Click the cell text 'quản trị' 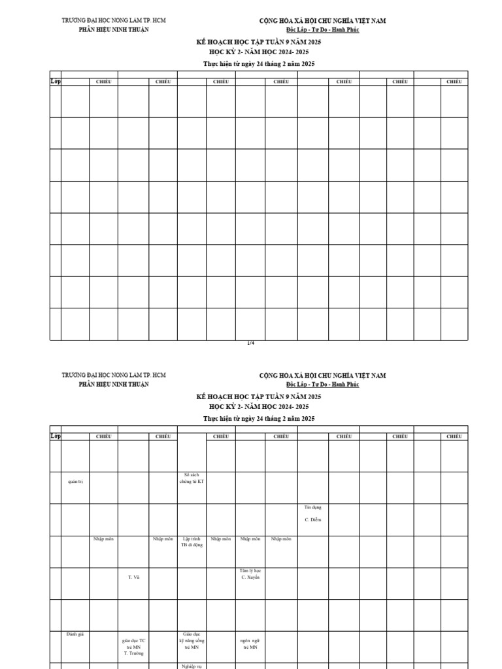pyautogui.click(x=75, y=481)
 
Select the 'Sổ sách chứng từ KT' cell pyautogui.click(x=192, y=478)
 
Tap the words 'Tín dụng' pyautogui.click(x=312, y=507)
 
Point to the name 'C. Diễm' pyautogui.click(x=312, y=520)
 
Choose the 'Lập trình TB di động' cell pyautogui.click(x=192, y=542)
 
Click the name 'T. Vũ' pyautogui.click(x=133, y=577)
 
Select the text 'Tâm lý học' pyautogui.click(x=251, y=571)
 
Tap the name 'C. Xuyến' pyautogui.click(x=251, y=578)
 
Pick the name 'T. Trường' pyautogui.click(x=133, y=653)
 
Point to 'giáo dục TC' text pyautogui.click(x=133, y=641)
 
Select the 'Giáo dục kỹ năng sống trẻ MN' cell pyautogui.click(x=192, y=641)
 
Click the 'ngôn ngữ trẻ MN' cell pyautogui.click(x=250, y=644)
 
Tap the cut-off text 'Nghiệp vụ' pyautogui.click(x=192, y=666)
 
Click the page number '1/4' pyautogui.click(x=251, y=343)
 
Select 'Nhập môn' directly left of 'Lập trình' pyautogui.click(x=163, y=539)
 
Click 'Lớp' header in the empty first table pyautogui.click(x=56, y=82)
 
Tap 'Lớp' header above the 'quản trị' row pyautogui.click(x=56, y=436)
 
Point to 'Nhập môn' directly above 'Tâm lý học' pyautogui.click(x=250, y=539)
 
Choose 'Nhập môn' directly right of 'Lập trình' pyautogui.click(x=221, y=539)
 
